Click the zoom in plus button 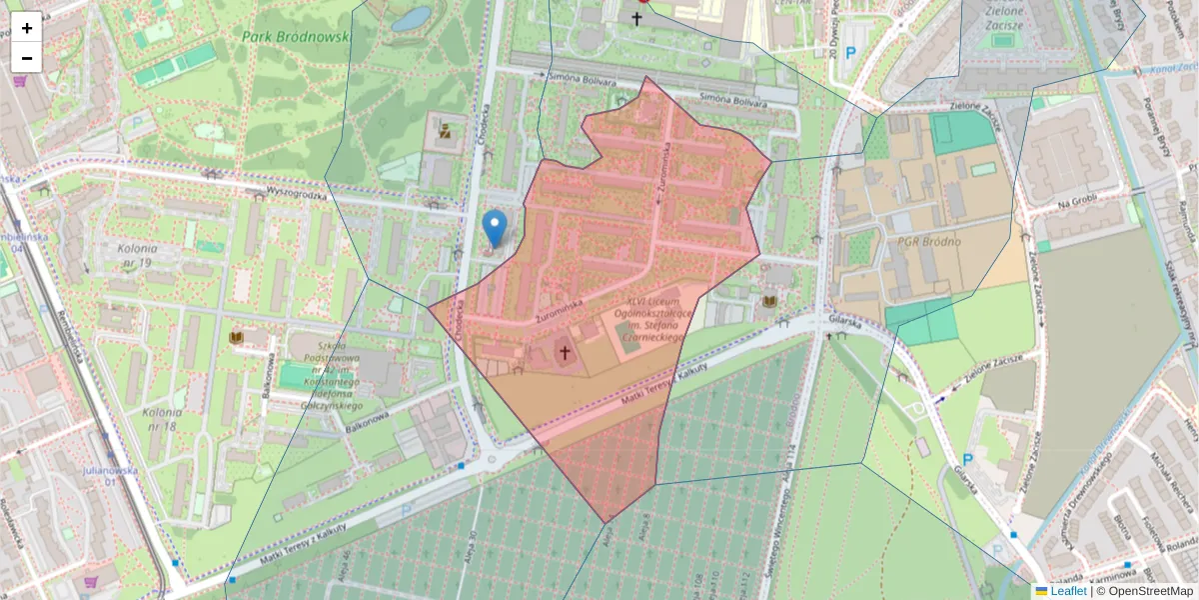click(x=27, y=28)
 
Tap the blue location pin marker click(x=494, y=228)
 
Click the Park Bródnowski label click(x=296, y=36)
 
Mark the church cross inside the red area click(x=565, y=352)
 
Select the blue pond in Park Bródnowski click(x=411, y=18)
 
